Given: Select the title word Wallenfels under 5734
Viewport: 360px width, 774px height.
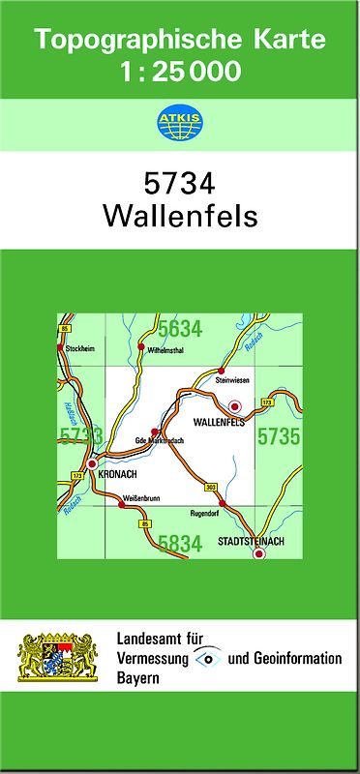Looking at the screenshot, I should pyautogui.click(x=180, y=215).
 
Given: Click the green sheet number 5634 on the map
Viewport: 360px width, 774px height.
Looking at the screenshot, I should pyautogui.click(x=180, y=329).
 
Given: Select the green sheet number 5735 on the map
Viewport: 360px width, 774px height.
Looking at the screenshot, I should pyautogui.click(x=278, y=436).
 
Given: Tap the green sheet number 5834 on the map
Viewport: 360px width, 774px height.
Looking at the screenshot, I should pyautogui.click(x=180, y=544).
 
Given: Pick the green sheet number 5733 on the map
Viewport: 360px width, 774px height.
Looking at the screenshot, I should pyautogui.click(x=80, y=436).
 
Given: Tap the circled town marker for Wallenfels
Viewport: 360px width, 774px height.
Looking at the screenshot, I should pyautogui.click(x=234, y=408).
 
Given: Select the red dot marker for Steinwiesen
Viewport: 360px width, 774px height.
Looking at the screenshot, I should pyautogui.click(x=222, y=371).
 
